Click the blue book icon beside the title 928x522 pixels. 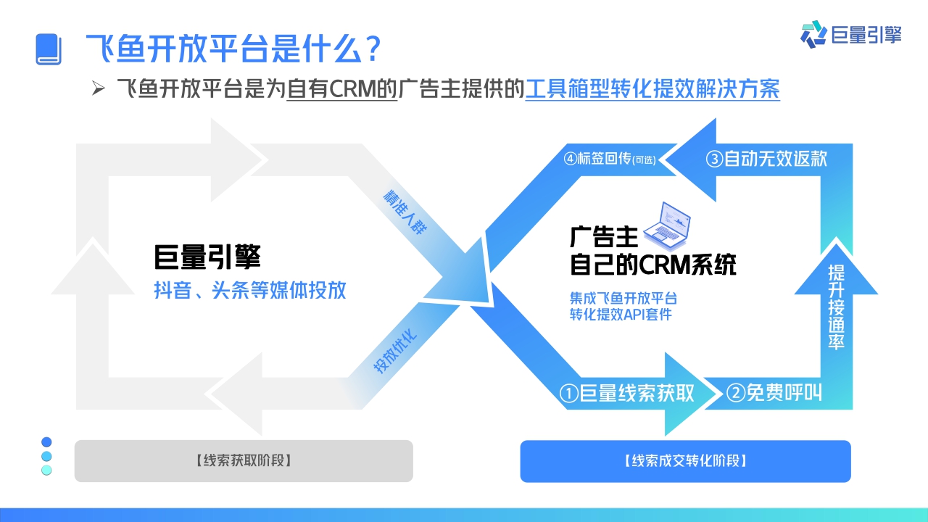[49, 49]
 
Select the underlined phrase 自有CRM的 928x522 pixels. [342, 90]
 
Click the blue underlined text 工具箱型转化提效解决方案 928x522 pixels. [652, 90]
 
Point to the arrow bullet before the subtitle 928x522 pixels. [99, 89]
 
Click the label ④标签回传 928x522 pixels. [609, 159]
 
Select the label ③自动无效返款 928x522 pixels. [766, 158]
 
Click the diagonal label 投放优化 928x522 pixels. [396, 352]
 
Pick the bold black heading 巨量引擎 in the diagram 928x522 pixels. [207, 257]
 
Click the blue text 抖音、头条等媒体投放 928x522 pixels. [250, 291]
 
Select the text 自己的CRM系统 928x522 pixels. [652, 265]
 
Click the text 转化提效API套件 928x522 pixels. [621, 314]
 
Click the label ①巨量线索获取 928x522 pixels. [627, 393]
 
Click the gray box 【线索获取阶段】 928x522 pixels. [244, 460]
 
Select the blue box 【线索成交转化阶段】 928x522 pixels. [685, 460]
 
